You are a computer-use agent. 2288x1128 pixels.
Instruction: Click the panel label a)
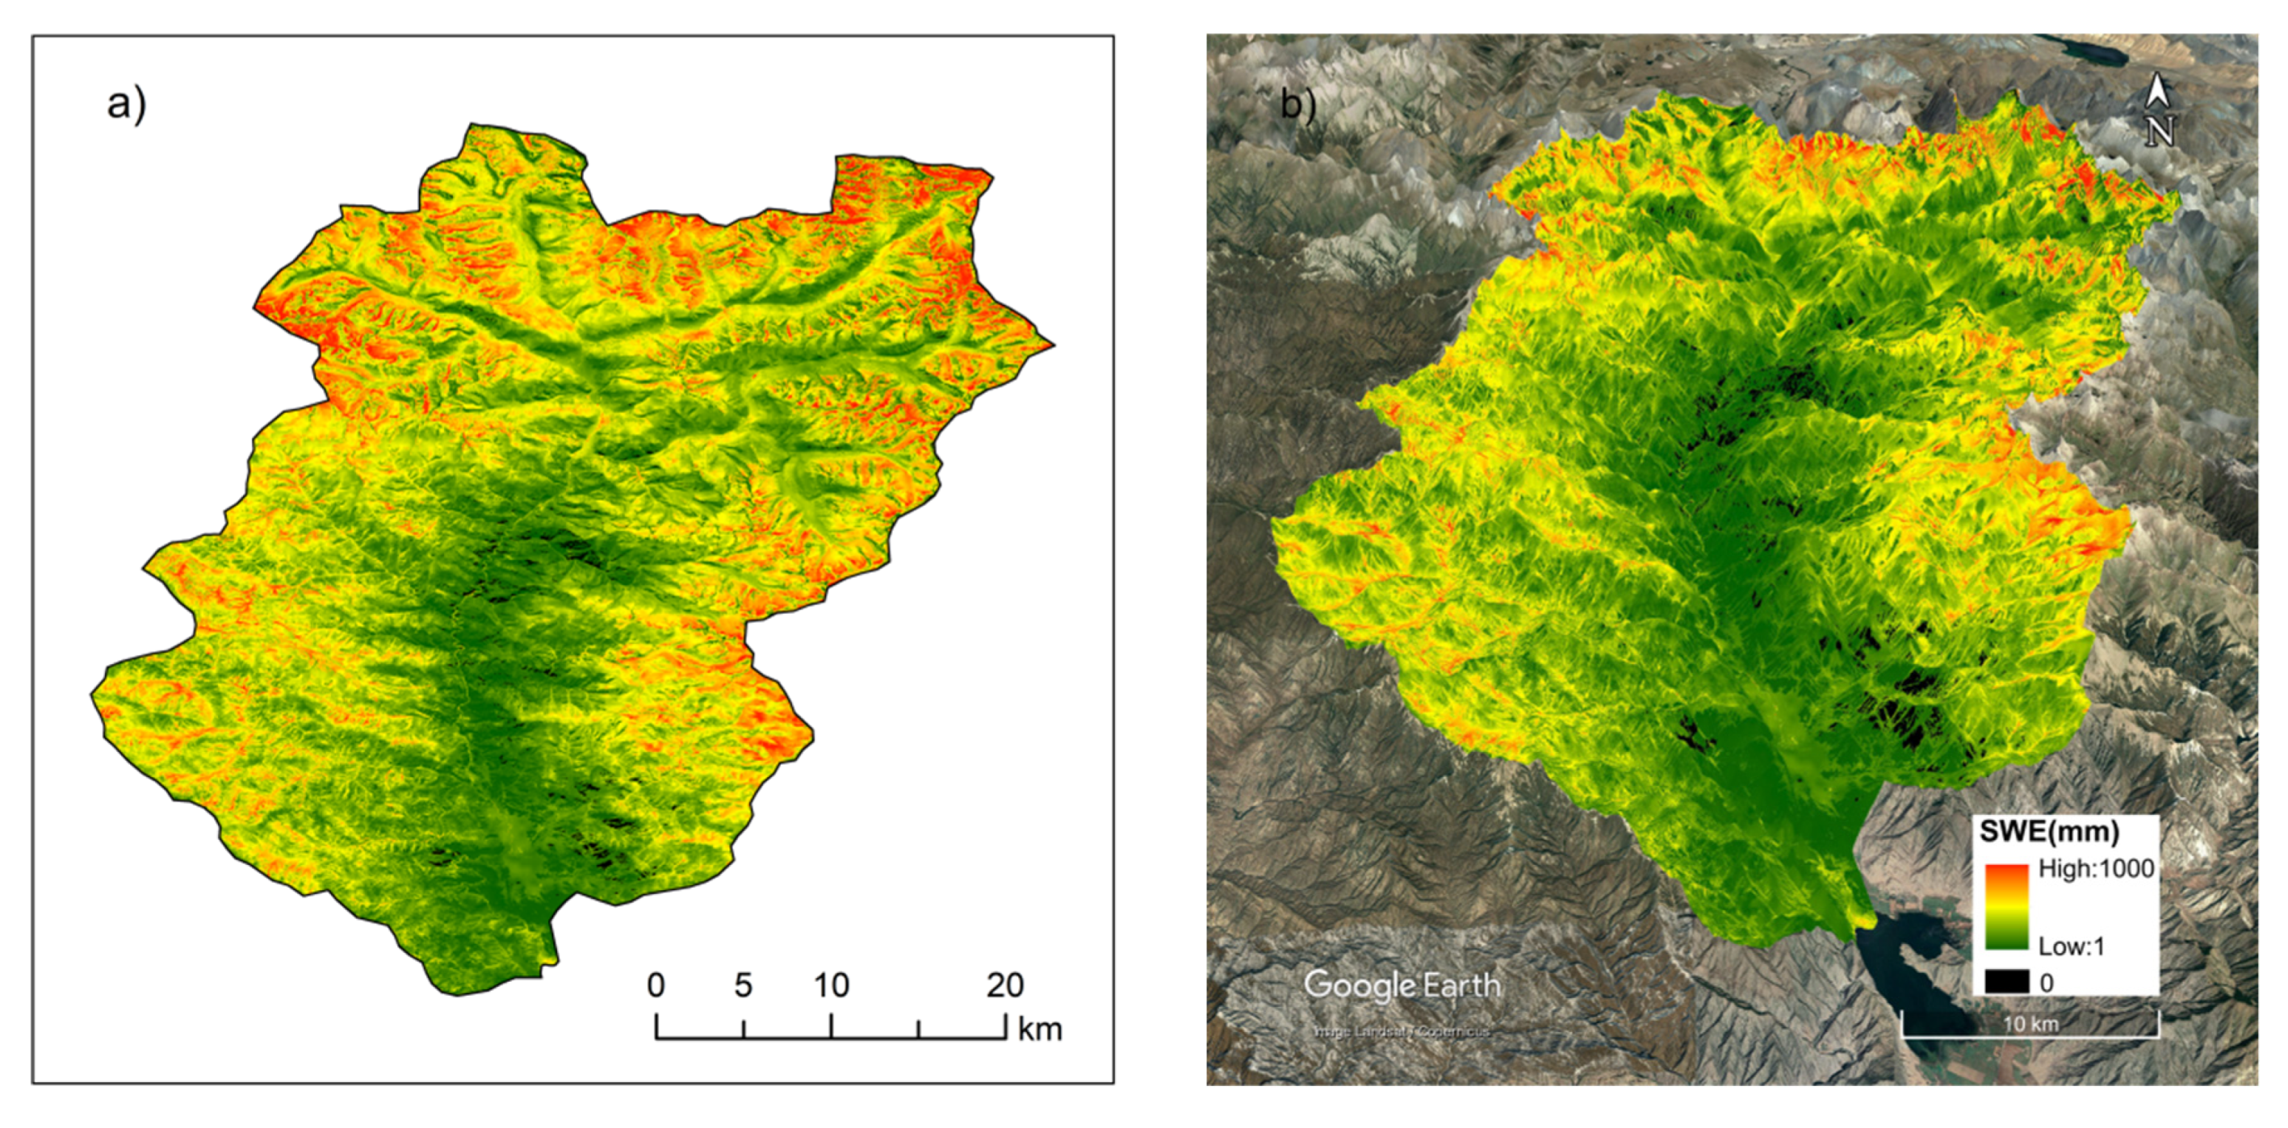click(126, 104)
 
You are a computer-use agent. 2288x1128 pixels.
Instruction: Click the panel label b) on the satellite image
click(1297, 105)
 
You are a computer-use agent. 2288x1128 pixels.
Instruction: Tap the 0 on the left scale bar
click(655, 985)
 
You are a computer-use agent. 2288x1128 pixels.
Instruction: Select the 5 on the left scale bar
click(742, 985)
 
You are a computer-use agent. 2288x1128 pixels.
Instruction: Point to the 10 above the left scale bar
click(831, 985)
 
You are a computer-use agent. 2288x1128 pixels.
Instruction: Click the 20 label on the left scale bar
click(1005, 985)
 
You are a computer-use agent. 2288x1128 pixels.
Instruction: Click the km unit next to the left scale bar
click(1039, 1030)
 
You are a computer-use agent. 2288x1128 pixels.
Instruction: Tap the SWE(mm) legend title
click(2049, 833)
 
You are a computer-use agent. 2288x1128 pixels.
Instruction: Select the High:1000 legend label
click(2095, 869)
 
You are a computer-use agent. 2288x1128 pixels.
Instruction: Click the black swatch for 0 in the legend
click(2007, 982)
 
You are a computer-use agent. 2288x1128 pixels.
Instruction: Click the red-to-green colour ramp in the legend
click(2007, 906)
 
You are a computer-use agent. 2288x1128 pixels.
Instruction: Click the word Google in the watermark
click(1359, 985)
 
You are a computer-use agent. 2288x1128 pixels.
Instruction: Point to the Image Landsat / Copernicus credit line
click(1401, 1031)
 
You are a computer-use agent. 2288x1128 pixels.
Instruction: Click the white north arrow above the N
click(2158, 91)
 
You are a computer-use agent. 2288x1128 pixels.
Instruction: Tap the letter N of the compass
click(2159, 131)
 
